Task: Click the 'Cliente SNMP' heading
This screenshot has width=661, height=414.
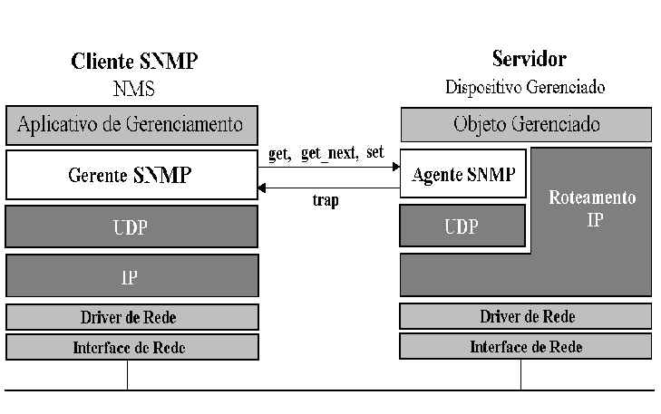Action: point(134,61)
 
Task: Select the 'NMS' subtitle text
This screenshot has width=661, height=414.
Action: point(133,89)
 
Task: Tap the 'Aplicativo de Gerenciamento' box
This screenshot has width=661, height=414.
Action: point(131,125)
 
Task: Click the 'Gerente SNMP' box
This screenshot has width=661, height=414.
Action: point(131,175)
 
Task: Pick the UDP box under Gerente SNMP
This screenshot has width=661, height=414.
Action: point(131,226)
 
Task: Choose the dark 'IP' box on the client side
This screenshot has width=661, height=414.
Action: point(132,275)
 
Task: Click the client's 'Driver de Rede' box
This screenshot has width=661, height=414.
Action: point(132,317)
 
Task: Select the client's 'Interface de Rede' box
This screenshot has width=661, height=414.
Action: point(132,347)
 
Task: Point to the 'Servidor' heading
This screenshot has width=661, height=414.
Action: point(529,59)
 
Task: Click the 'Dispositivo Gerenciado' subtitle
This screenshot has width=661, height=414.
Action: point(525,87)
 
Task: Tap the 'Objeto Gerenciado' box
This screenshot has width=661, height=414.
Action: point(526,125)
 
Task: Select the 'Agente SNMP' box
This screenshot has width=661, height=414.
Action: point(462,173)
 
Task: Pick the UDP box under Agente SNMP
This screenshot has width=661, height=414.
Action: point(462,226)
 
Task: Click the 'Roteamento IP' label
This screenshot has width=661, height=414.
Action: point(592,208)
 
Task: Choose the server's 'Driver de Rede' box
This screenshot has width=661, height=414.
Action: point(526,316)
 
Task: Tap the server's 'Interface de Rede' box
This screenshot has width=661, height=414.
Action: point(526,346)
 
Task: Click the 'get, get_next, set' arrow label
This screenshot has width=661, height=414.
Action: point(326,153)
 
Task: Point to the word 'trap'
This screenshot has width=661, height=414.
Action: point(326,200)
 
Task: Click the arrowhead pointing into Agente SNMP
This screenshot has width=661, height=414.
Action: point(396,167)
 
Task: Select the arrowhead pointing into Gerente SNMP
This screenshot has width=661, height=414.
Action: point(262,188)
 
